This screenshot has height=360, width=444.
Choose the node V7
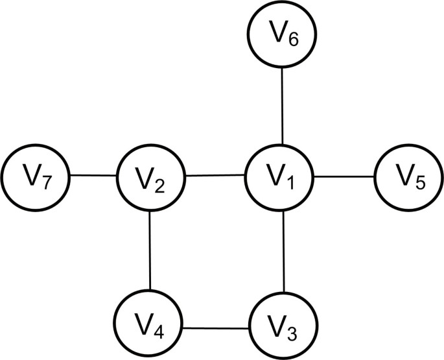pos(36,176)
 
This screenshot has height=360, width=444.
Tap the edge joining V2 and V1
pos(216,175)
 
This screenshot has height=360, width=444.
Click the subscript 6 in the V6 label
pos(293,40)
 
